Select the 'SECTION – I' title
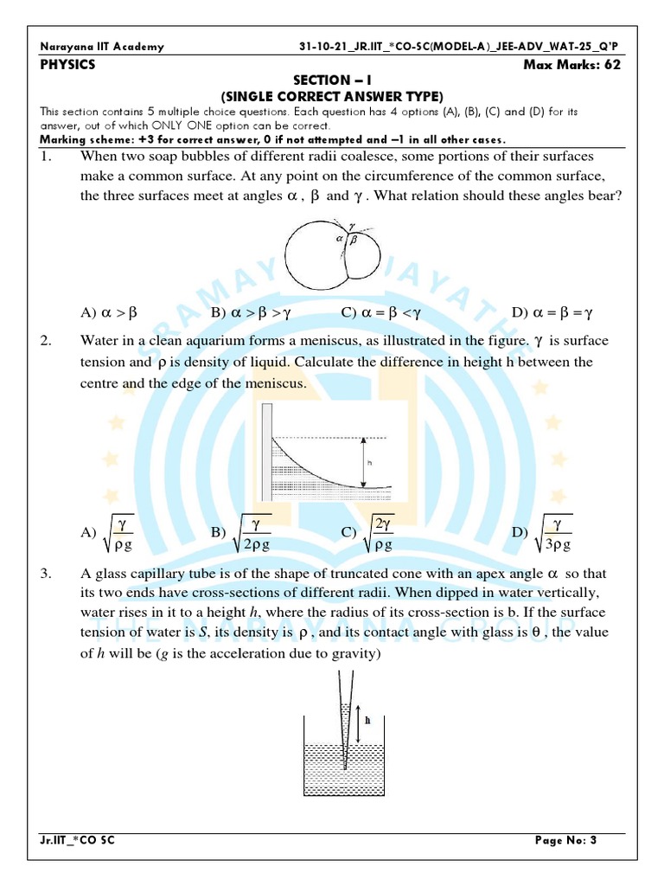[x=332, y=80]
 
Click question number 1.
[x=48, y=156]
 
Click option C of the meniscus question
[x=368, y=533]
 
